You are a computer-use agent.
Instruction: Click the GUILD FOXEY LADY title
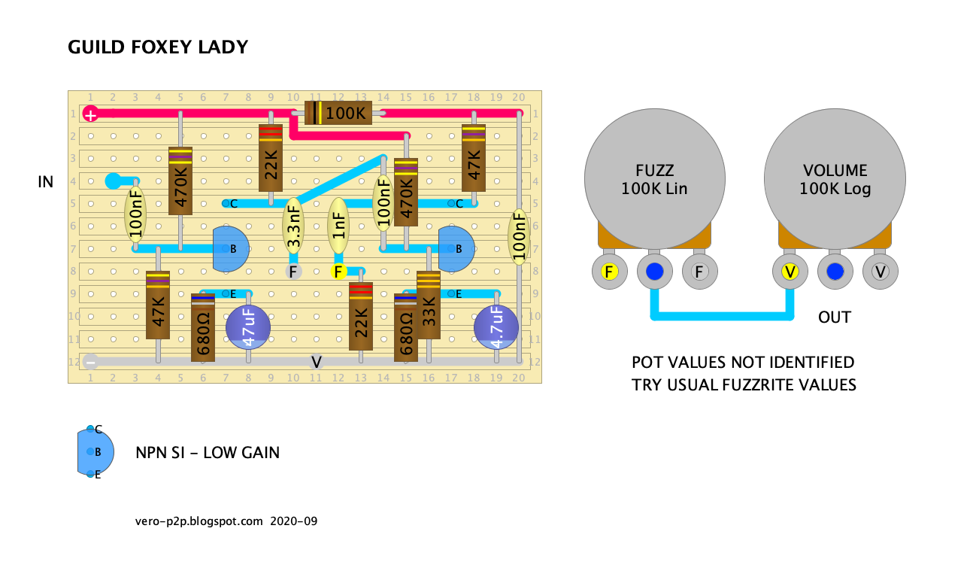pyautogui.click(x=158, y=47)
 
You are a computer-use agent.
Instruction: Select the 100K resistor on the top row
pyautogui.click(x=345, y=114)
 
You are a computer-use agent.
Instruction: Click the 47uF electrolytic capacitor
pyautogui.click(x=248, y=326)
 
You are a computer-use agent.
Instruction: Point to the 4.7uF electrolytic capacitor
pyautogui.click(x=496, y=327)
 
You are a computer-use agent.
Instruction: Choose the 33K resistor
pyautogui.click(x=429, y=309)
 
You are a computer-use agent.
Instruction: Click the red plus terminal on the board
pyautogui.click(x=90, y=114)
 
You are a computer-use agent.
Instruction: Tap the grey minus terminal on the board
pyautogui.click(x=90, y=361)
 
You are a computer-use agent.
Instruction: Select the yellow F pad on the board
pyautogui.click(x=338, y=272)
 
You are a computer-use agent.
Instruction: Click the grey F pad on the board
pyautogui.click(x=293, y=272)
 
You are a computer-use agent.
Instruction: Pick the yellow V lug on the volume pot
pyautogui.click(x=790, y=271)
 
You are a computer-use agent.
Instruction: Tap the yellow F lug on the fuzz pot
pyautogui.click(x=610, y=271)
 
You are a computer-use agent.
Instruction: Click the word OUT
pyautogui.click(x=835, y=317)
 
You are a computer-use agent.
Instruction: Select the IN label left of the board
pyautogui.click(x=46, y=181)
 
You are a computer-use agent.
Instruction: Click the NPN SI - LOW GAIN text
pyautogui.click(x=208, y=452)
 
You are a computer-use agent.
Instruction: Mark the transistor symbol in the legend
pyautogui.click(x=95, y=451)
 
